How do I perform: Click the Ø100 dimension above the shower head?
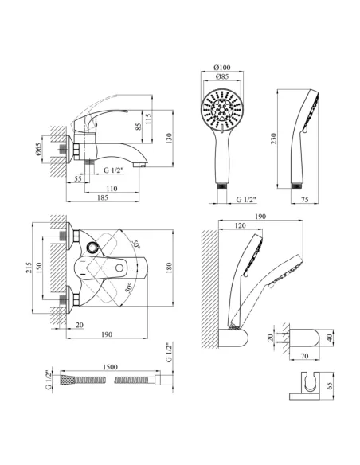coord(221,68)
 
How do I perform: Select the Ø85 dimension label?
coord(221,76)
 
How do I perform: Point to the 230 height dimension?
coord(273,139)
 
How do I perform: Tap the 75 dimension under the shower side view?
coord(304,200)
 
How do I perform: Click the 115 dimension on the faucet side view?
coord(149,119)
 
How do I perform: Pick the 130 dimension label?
coord(169,139)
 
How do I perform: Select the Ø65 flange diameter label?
coord(38,149)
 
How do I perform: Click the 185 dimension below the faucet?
coord(103,197)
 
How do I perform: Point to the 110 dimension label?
coord(112,189)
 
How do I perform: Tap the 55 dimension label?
coord(78,178)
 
